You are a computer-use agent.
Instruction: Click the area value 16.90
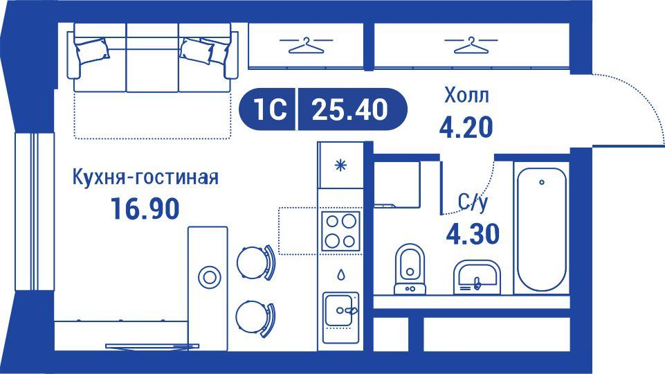click(145, 207)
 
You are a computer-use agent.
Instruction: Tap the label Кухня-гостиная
click(145, 178)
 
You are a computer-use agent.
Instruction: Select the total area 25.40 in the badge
click(349, 109)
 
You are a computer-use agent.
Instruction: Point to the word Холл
click(466, 95)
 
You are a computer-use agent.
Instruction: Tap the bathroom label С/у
click(473, 202)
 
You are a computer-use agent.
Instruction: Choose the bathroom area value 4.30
click(473, 234)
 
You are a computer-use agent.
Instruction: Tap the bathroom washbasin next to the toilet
click(476, 277)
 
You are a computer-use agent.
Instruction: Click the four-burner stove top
click(340, 230)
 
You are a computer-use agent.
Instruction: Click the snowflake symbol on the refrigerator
click(340, 165)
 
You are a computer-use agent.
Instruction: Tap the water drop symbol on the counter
click(340, 274)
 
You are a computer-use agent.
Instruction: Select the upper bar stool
click(253, 262)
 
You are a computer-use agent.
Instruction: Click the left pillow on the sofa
click(91, 52)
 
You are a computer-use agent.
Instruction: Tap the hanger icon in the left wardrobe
click(304, 45)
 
